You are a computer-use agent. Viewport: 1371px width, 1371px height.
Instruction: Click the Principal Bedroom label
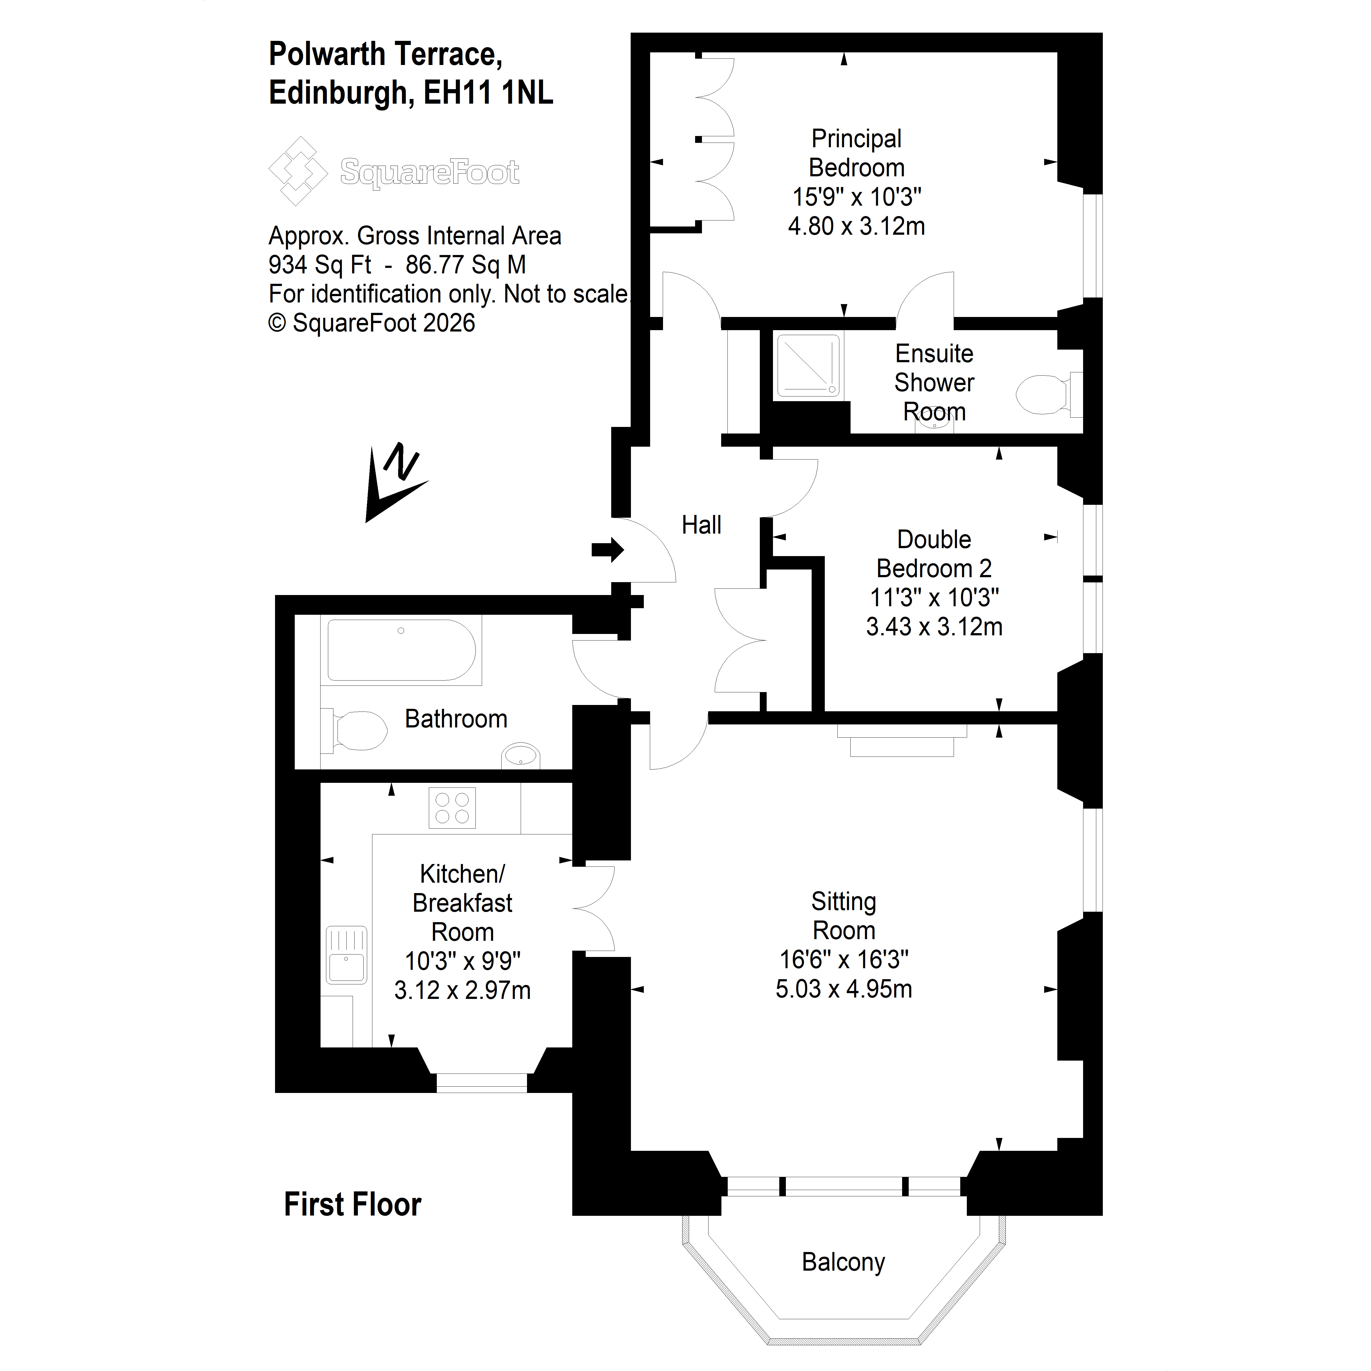point(857,153)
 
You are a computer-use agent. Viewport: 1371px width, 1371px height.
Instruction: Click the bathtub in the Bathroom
point(402,650)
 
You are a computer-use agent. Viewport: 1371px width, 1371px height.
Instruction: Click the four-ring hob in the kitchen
point(452,808)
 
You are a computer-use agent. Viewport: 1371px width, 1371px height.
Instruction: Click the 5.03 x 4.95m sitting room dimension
point(844,988)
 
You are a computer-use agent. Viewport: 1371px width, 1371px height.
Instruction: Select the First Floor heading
point(353,1204)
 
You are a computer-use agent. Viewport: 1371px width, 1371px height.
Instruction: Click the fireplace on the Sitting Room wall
point(902,740)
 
